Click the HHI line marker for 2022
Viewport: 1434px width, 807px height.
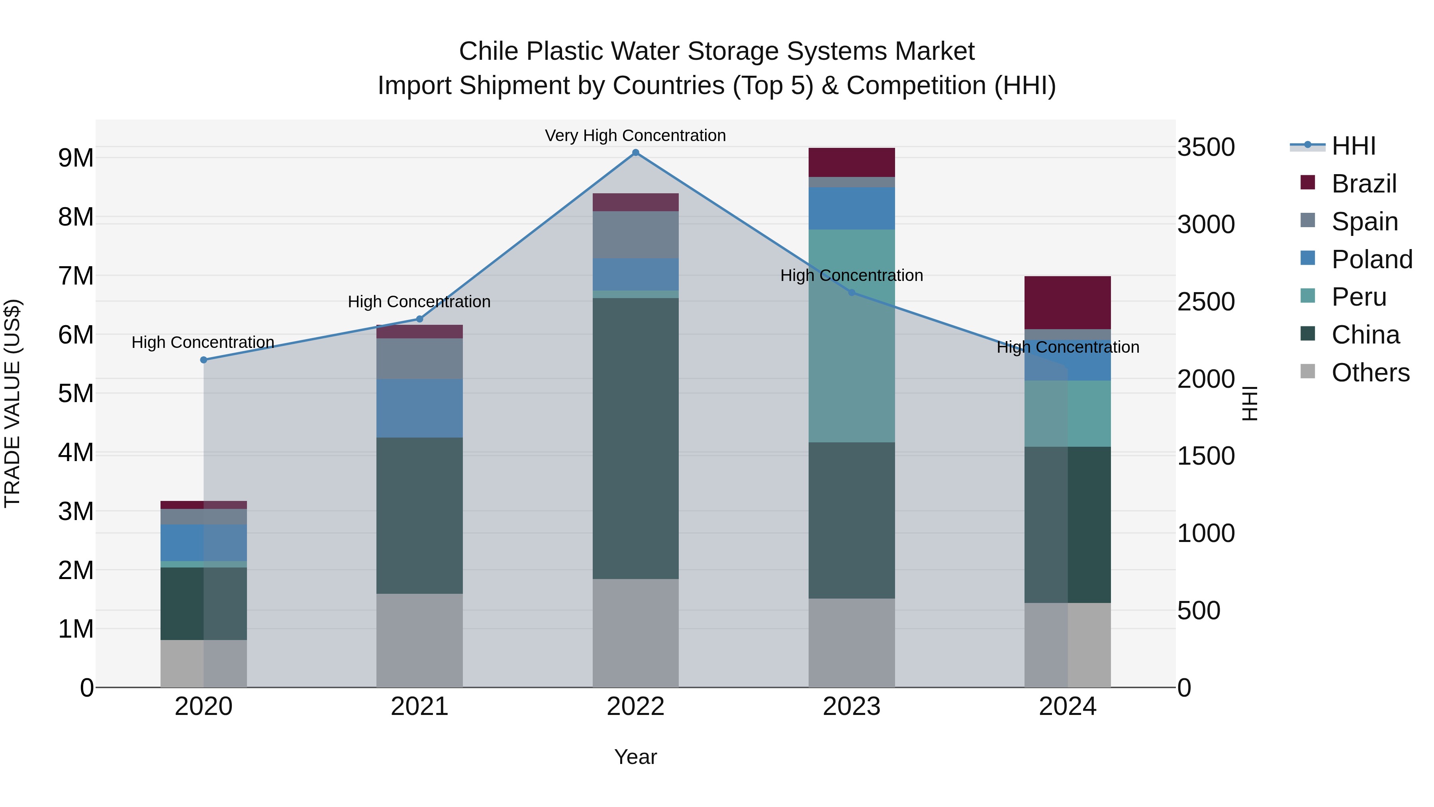635,153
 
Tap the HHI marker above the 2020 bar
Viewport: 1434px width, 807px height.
204,360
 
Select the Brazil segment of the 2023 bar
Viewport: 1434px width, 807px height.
851,162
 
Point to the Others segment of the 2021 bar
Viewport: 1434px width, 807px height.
419,640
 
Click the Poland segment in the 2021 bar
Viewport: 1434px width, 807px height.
419,408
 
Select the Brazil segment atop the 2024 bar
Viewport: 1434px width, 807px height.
1067,302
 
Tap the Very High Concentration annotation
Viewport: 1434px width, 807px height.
635,135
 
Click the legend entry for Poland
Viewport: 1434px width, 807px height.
1371,259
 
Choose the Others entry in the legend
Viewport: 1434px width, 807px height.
1370,373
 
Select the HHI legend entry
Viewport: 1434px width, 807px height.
1353,146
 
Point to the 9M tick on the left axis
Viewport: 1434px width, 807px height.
76,158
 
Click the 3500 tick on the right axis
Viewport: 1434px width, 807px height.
1206,147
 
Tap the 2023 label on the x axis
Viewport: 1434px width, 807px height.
851,707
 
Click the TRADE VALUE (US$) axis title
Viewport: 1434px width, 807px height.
12,403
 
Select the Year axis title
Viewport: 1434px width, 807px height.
635,757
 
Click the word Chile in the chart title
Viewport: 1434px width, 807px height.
489,51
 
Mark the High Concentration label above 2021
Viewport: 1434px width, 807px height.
419,302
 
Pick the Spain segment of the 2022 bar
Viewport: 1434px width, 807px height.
635,234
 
